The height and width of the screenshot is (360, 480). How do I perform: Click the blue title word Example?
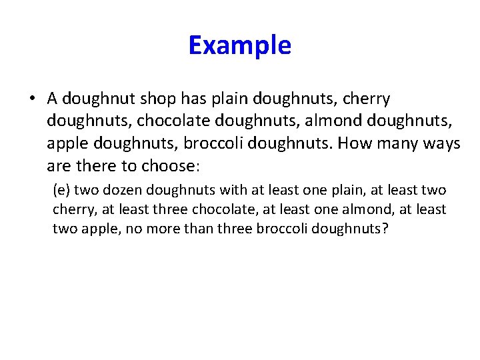tap(239, 45)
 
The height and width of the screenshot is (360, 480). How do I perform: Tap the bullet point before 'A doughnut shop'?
tap(32, 99)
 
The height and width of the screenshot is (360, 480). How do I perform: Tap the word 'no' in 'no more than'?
tap(166, 229)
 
